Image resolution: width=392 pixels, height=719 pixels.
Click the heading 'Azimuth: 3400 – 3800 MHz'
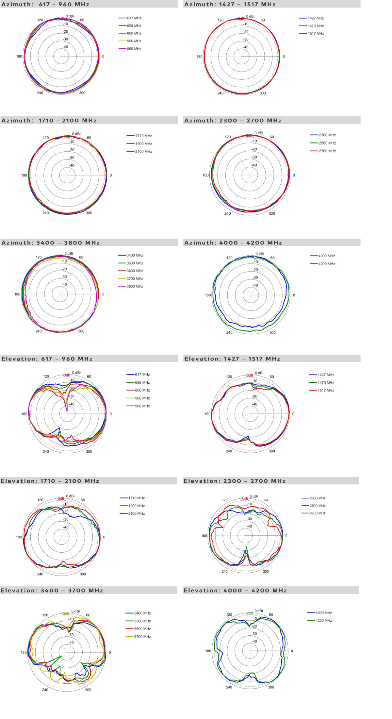[51, 243]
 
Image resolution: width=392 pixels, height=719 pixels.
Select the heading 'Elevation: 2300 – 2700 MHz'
[235, 481]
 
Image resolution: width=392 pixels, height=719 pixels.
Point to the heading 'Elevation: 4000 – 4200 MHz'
[235, 591]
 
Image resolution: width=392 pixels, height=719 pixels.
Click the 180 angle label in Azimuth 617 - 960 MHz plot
[19, 57]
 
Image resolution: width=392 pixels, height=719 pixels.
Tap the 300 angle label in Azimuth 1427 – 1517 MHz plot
[263, 93]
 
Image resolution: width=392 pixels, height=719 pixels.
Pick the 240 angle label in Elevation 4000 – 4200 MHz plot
[229, 687]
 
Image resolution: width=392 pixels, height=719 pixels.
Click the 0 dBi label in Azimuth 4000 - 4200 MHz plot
[260, 254]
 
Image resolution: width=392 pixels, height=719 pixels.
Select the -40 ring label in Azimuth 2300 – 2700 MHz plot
[254, 165]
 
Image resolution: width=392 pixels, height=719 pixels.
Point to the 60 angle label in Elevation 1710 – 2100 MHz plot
[83, 500]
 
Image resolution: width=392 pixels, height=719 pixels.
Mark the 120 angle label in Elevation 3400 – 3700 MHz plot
[45, 615]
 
